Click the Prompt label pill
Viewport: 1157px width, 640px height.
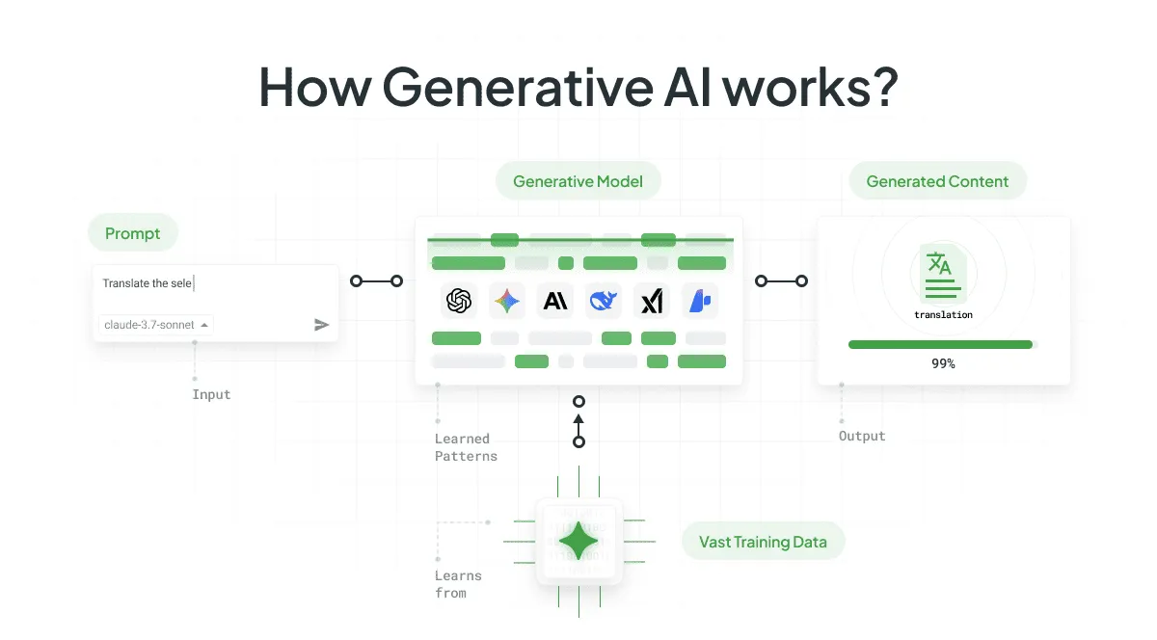pos(133,233)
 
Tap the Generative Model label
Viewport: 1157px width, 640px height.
pos(578,181)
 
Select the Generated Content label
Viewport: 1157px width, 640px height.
pos(937,181)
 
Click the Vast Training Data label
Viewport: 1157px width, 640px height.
pos(763,542)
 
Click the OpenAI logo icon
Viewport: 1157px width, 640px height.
pos(459,302)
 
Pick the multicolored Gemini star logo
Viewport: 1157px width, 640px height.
pos(506,302)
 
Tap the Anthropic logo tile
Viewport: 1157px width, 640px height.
pos(555,302)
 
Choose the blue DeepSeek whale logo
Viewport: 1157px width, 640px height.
pos(605,302)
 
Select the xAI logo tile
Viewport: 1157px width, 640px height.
pos(653,302)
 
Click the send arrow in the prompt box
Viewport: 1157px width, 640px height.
pos(322,325)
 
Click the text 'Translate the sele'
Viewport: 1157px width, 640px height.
pos(148,283)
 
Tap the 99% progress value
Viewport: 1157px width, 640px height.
pos(943,364)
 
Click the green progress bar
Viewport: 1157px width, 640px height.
pos(940,344)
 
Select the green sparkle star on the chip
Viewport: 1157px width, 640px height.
pos(578,542)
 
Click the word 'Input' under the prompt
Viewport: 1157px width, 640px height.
pos(211,394)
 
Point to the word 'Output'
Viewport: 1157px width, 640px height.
pos(862,436)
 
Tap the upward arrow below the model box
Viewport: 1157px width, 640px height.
pos(578,420)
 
